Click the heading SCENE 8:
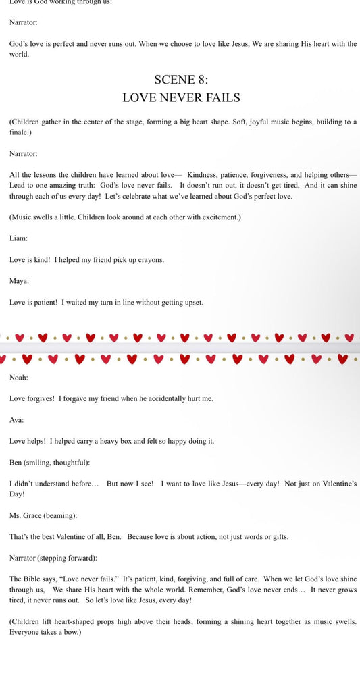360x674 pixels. coord(181,80)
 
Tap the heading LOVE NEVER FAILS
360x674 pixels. coord(181,98)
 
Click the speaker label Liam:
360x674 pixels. coord(18,238)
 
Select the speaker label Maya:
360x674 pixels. coord(19,280)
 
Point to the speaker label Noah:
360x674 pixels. coord(19,378)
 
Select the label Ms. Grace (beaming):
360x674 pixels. coord(43,515)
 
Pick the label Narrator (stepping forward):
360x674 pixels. coord(53,558)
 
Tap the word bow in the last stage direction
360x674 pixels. coord(72,633)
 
